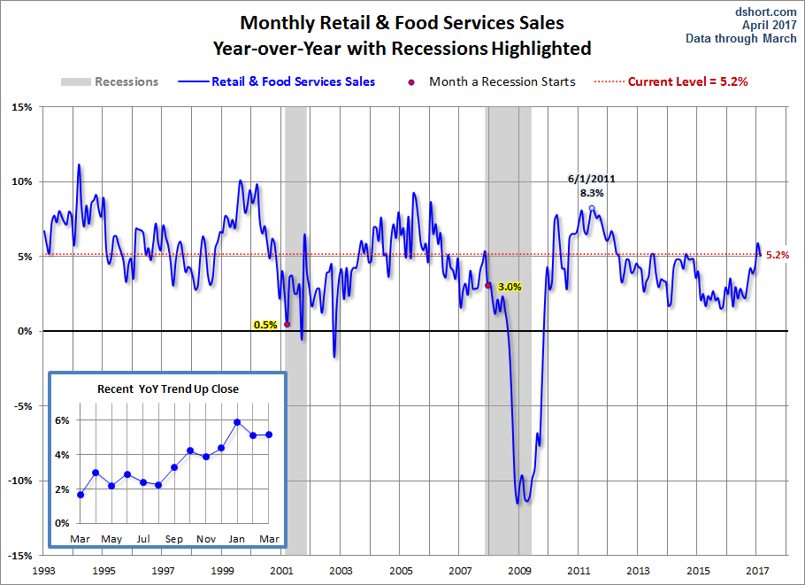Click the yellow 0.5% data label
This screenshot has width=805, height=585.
point(265,325)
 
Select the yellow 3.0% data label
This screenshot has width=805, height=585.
point(510,287)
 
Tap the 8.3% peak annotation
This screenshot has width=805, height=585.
point(592,192)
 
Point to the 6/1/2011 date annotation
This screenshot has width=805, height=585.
point(591,179)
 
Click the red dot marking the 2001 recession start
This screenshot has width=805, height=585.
point(287,324)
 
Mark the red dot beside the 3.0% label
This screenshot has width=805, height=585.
point(488,285)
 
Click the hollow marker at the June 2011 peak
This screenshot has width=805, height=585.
point(592,208)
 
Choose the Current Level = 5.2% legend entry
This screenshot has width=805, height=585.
point(689,81)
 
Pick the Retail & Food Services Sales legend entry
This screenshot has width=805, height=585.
point(293,81)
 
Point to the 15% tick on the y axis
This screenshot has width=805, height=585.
point(21,107)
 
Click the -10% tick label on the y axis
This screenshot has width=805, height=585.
point(19,481)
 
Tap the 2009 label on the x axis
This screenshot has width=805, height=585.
point(520,570)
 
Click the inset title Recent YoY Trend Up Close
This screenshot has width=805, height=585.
point(168,389)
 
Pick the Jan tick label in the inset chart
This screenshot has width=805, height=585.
point(238,539)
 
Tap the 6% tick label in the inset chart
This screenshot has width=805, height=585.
point(63,420)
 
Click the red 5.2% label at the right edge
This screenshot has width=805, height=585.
point(777,255)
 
